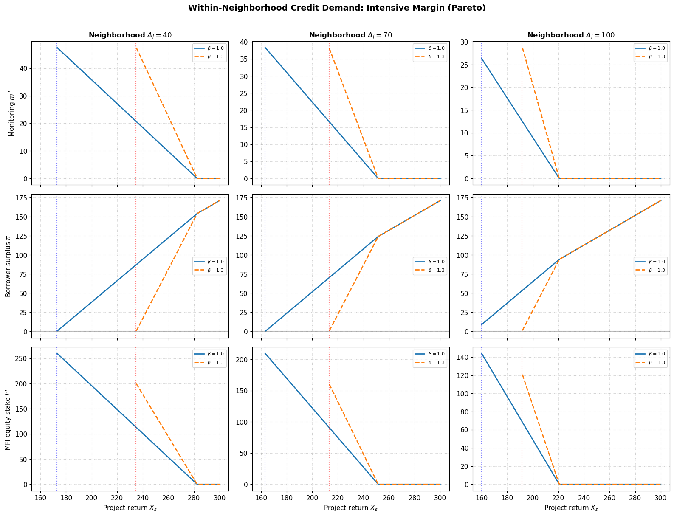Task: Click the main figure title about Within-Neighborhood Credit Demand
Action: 337,8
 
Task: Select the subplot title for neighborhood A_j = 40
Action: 130,35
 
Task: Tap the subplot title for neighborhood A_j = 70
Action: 350,35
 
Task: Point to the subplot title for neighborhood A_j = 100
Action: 571,35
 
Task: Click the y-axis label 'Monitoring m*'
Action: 11,113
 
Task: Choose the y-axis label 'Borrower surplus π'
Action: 8,266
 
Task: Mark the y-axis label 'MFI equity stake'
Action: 8,419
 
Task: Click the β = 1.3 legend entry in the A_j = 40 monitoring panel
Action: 209,57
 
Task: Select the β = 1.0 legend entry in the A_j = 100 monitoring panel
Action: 650,48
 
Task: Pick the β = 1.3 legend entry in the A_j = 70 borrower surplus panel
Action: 430,270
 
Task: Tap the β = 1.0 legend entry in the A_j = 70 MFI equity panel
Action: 430,354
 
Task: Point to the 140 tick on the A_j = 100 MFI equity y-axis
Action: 463,357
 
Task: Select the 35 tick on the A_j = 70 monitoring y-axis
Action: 244,59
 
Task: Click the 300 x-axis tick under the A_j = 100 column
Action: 660,498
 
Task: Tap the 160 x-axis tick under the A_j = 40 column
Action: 40,498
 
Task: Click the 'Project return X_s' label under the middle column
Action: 350,508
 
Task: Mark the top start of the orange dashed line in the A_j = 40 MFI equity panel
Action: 136,384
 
